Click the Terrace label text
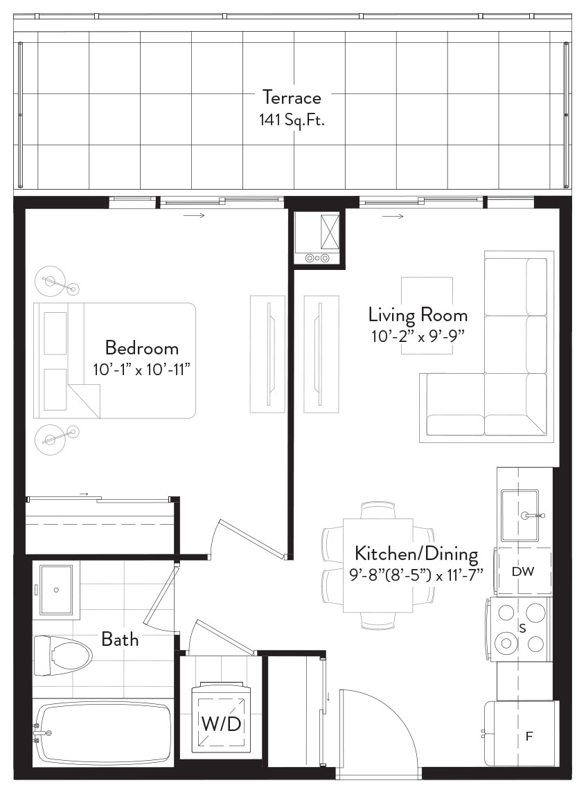point(292,97)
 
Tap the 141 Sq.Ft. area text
point(292,120)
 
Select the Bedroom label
point(142,348)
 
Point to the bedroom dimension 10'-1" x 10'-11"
point(142,369)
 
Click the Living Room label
point(418,315)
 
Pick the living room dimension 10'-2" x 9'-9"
point(418,336)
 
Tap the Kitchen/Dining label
point(416,554)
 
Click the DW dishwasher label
point(523,572)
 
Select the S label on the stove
point(522,629)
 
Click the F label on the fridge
point(529,737)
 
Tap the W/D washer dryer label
point(222,724)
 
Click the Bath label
point(120,639)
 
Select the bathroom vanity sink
point(56,589)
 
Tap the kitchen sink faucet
point(532,516)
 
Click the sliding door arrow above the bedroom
point(194,216)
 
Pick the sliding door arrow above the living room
point(393,217)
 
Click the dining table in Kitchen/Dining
point(378,566)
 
